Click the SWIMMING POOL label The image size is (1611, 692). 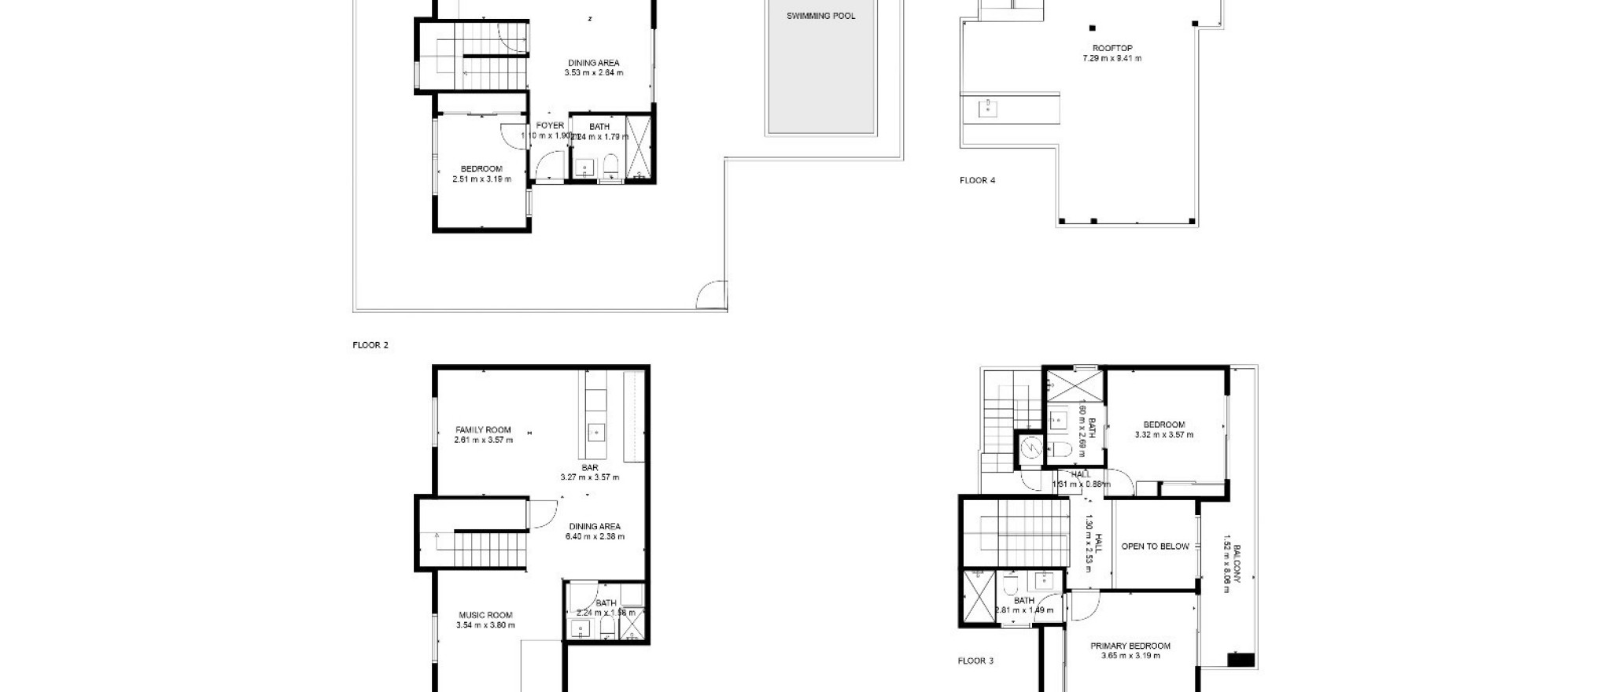820,16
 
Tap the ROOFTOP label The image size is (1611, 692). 1111,49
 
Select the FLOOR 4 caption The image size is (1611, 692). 977,181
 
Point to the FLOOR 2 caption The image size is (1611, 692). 370,345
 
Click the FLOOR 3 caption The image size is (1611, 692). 975,661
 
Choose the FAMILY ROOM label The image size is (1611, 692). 483,430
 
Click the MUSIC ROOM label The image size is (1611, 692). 485,616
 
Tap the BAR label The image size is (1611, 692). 590,468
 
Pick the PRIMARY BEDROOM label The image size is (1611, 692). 1130,646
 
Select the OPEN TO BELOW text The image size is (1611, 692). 1155,547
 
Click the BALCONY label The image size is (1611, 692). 1237,563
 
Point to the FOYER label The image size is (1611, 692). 550,126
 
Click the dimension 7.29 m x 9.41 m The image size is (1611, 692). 1111,59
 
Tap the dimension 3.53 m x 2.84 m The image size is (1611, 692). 594,73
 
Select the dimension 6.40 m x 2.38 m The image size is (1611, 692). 595,537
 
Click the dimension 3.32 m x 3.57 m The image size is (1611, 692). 1163,435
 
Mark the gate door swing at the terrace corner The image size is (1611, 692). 710,296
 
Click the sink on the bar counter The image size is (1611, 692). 596,431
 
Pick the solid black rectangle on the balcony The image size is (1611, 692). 1241,660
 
